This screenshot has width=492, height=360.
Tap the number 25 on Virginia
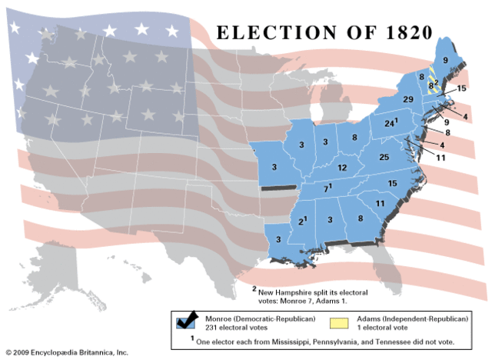click(384, 157)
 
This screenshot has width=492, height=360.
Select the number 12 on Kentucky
click(342, 167)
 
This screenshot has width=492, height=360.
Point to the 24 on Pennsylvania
click(390, 123)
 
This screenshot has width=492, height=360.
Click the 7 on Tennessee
click(325, 188)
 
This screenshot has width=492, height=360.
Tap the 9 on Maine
click(445, 58)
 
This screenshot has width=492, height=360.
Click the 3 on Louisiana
click(278, 239)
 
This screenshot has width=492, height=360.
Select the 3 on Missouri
click(274, 166)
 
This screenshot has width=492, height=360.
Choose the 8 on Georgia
click(361, 219)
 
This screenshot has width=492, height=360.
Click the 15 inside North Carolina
click(391, 182)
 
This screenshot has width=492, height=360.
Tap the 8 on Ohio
click(354, 137)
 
